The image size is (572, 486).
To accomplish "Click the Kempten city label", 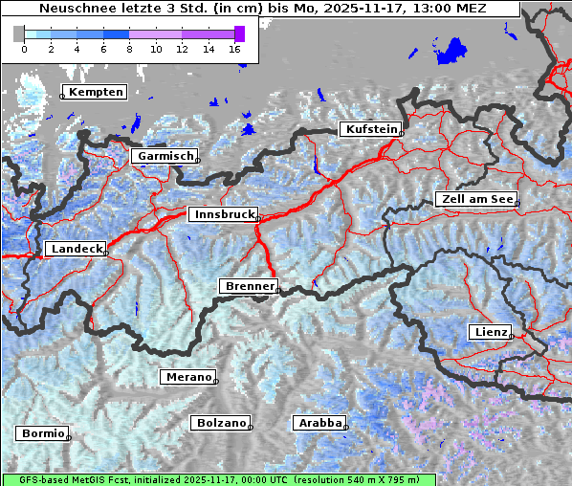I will coord(94,92).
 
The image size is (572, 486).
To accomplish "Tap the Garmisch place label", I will coord(165,156).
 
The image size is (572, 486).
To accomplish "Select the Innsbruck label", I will coord(222,215).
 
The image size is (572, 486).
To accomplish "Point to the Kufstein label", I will coord(370,129).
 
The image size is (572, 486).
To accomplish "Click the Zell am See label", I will coord(475,199).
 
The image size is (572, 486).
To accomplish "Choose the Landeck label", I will coord(75,249).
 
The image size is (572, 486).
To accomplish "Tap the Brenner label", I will coord(248,286).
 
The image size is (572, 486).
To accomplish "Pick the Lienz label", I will coord(490,332).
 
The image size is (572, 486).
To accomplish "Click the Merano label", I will coord(187,377).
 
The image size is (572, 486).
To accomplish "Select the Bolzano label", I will coord(221,423).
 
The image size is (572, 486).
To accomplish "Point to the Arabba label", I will coord(319,423).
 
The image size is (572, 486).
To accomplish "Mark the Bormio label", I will coord(42,433).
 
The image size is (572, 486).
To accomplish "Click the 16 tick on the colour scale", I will coord(234,48).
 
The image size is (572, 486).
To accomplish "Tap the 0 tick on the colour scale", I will coord(24,48).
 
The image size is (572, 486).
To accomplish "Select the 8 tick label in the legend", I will coord(129,48).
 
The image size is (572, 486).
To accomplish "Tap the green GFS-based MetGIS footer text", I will coord(218,479).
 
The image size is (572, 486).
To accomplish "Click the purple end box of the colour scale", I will coord(239,33).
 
